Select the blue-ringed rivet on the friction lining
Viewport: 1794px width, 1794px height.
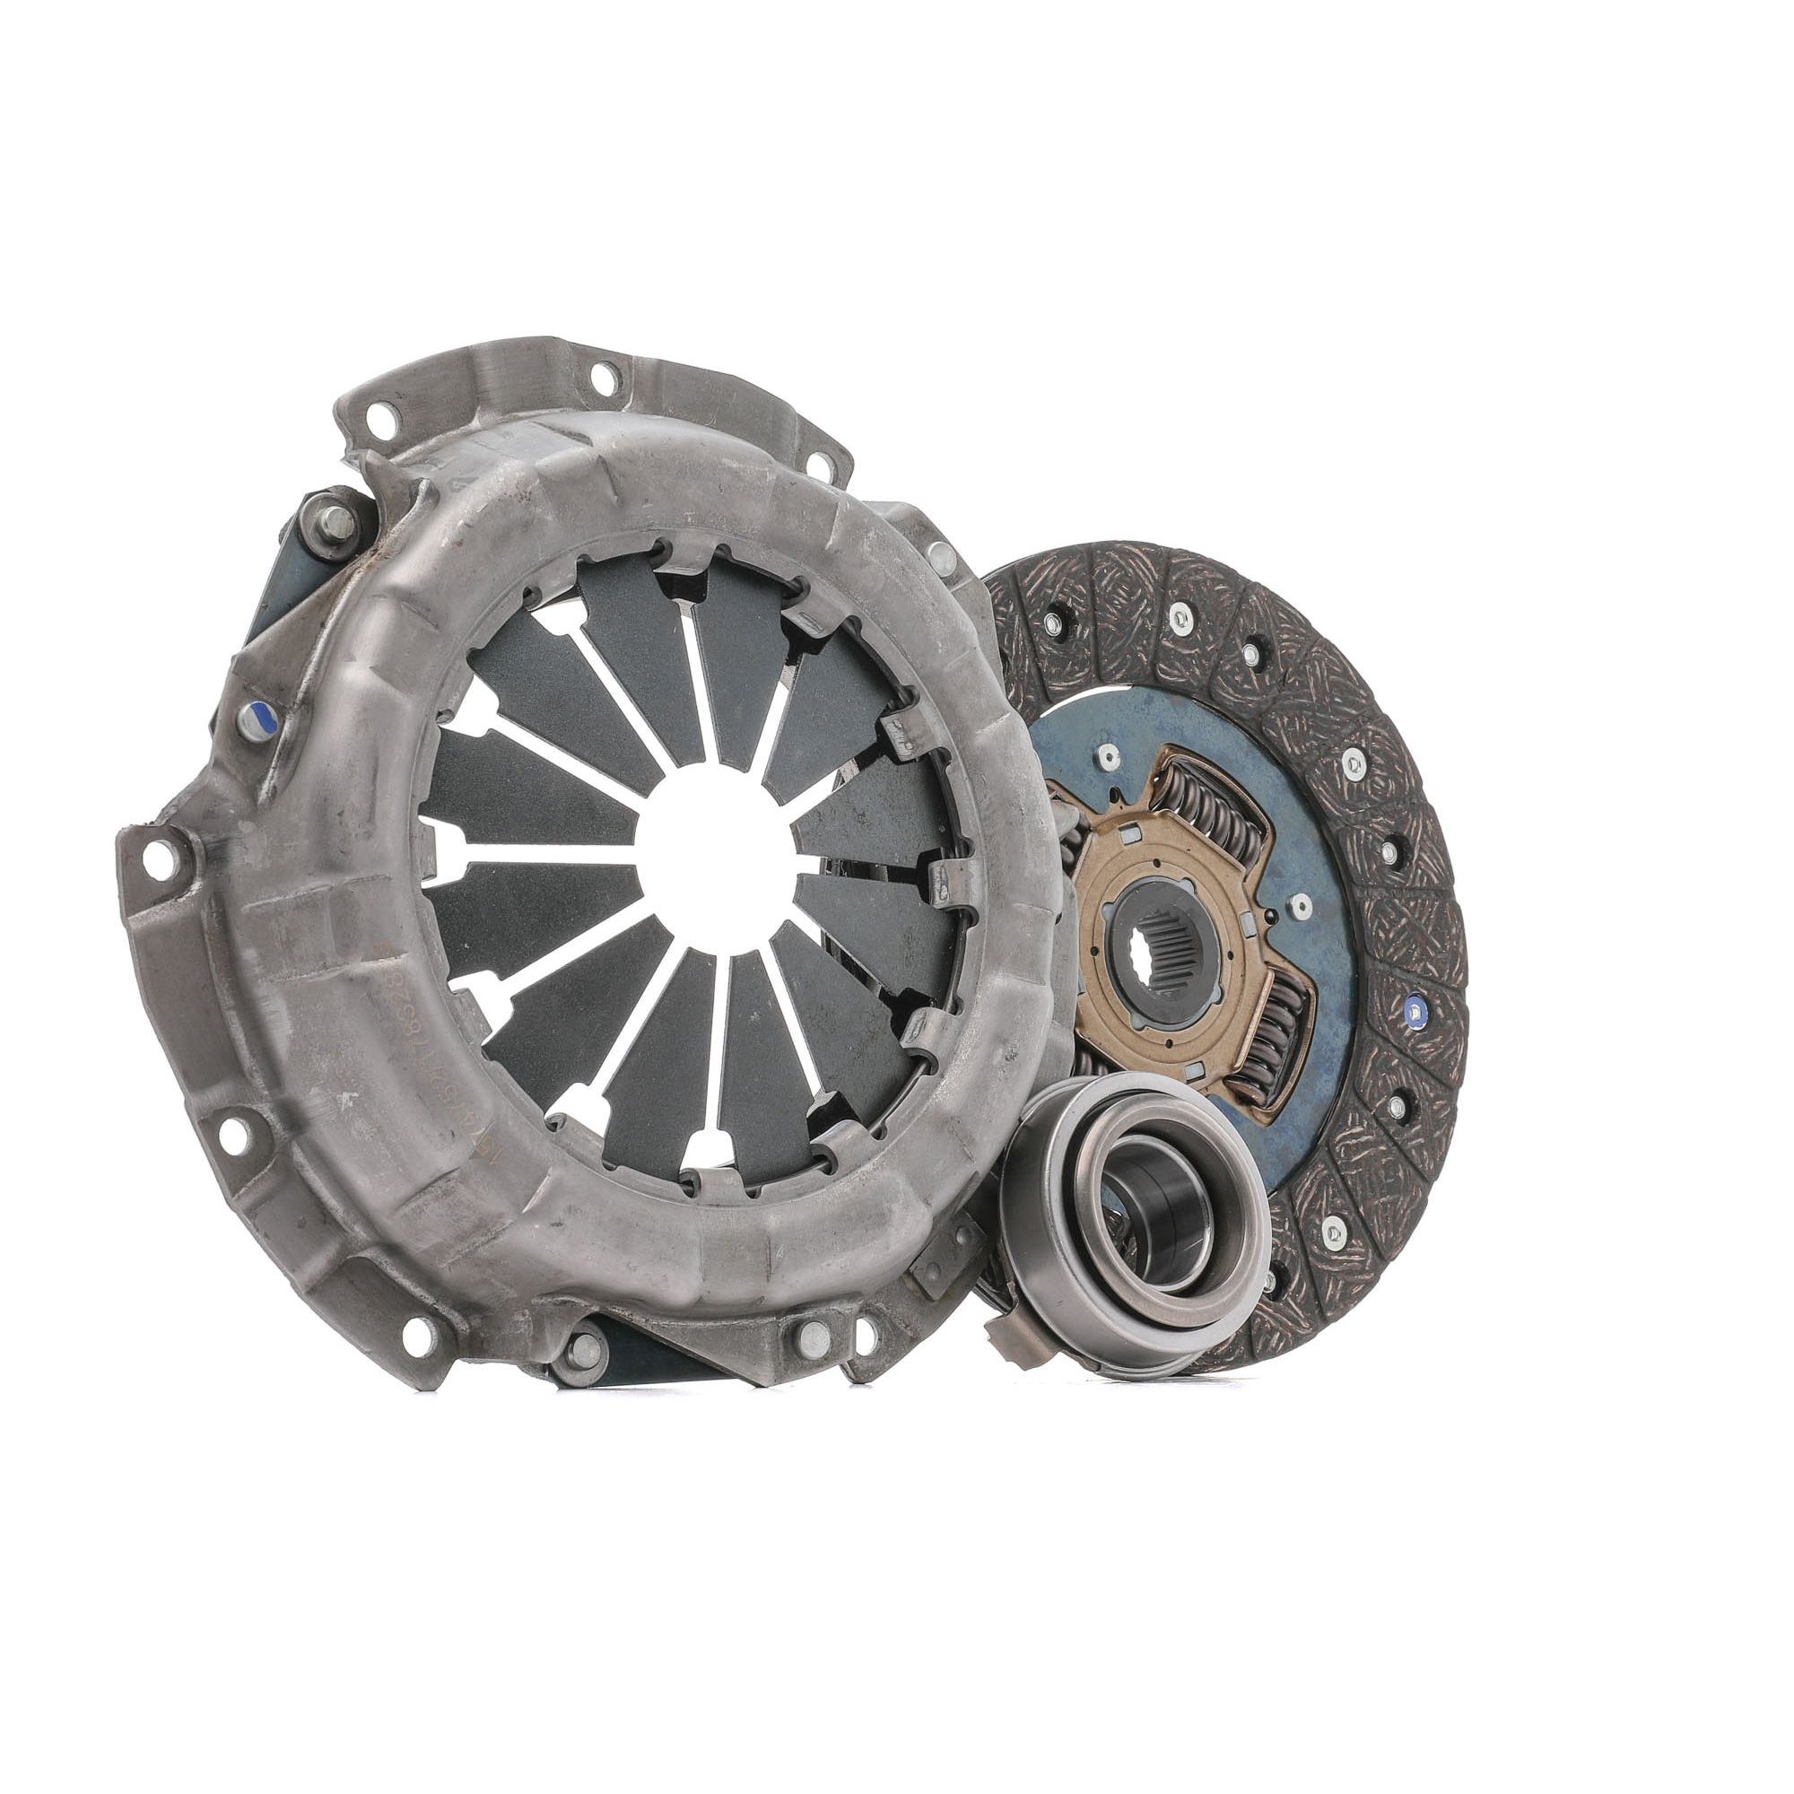click(1415, 1008)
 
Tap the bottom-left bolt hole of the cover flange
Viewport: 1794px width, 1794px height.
click(234, 1131)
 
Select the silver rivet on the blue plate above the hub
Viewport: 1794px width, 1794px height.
click(1109, 757)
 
